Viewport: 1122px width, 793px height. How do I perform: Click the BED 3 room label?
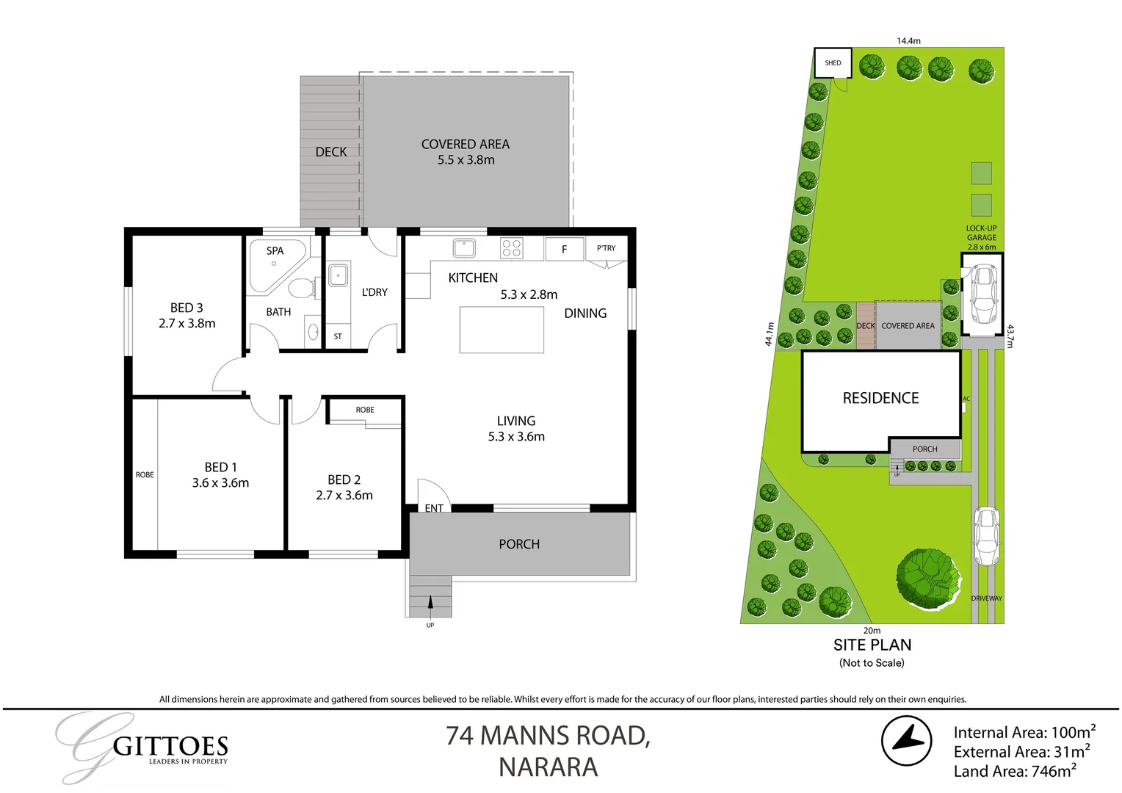187,308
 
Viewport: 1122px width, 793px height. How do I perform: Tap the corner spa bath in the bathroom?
276,265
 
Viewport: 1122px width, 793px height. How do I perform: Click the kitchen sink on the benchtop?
464,248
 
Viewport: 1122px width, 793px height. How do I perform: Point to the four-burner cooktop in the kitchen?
511,248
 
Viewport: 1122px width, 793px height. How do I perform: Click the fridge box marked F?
564,250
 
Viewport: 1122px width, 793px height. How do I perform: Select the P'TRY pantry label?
606,248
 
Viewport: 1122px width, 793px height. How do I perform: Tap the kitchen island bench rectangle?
502,330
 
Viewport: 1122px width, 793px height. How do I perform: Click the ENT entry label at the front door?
434,508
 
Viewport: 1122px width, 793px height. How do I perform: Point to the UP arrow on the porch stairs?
430,603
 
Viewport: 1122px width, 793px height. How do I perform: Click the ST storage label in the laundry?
338,336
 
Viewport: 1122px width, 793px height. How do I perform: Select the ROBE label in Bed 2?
365,410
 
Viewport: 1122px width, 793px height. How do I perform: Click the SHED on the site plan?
833,63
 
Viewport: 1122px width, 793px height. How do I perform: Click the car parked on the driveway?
986,536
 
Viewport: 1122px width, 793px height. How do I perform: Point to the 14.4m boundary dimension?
908,41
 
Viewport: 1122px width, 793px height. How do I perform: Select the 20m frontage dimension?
872,631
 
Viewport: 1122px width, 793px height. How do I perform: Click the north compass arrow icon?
907,741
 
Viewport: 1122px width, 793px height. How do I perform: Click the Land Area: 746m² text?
1015,771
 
